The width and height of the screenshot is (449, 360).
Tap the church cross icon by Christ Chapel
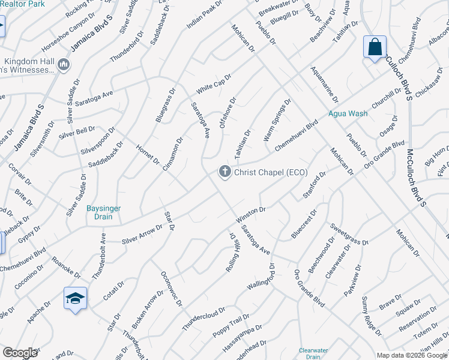point(225,172)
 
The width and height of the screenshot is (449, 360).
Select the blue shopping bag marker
point(375,47)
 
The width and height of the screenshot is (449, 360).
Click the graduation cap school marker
point(76,298)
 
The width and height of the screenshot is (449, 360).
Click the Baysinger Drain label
point(104,212)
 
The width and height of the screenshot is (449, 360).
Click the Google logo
point(20,353)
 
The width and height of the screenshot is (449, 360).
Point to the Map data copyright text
point(411,355)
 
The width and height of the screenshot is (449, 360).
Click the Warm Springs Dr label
point(277,121)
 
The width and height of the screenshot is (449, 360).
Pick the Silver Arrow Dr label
point(142,234)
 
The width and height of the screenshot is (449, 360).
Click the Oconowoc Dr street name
point(171,288)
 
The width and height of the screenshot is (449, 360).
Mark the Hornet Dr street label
point(147,154)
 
